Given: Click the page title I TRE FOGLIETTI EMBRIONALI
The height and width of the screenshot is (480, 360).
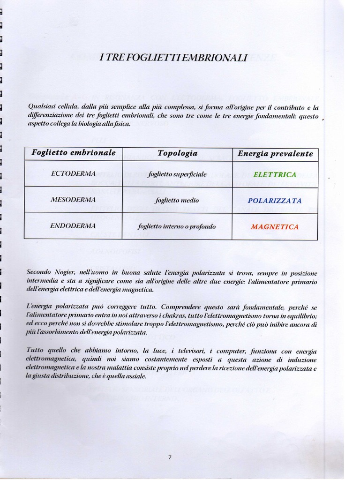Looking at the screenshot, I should pos(173,58).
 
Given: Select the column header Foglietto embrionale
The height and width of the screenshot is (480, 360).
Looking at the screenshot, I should pos(73,153).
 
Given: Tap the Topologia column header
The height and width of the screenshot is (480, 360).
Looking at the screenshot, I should pos(177,153).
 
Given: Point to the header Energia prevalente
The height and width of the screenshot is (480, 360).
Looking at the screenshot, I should pos(275,154).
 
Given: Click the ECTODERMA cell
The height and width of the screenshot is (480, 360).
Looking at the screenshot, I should pos(73,173).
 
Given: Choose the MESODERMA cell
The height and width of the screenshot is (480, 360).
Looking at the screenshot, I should pos(73,200).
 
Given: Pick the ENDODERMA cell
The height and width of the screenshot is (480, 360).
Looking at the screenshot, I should pos(73,226).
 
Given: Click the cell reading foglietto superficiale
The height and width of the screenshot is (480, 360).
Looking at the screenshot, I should pos(177,174).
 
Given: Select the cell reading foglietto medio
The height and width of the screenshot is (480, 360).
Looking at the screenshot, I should pos(177,200).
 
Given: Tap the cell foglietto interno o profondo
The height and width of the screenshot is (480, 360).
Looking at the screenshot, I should pos(177,226).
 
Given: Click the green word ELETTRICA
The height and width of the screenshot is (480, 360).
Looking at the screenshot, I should pos(275,174).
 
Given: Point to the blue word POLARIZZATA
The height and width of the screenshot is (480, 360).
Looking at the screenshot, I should pos(275,201).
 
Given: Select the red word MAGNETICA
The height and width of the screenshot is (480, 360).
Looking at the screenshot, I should pos(275,227).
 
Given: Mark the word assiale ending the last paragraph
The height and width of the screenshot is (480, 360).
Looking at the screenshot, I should pos(135,376).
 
